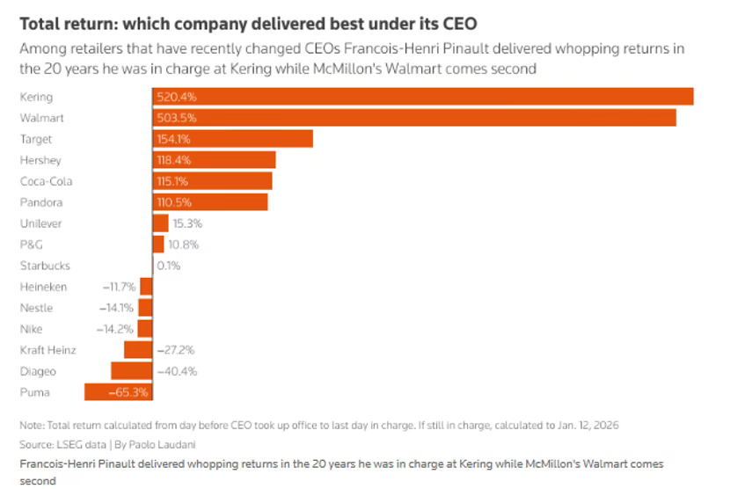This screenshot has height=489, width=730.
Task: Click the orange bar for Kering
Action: point(422,97)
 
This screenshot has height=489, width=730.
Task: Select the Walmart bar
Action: point(413,118)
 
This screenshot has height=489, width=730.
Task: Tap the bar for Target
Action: point(232,139)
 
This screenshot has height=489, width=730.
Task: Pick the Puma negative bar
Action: point(118,392)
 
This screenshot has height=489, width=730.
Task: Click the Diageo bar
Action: point(131,371)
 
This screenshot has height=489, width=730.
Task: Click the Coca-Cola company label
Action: point(46,181)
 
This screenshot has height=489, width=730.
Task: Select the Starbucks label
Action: point(45,266)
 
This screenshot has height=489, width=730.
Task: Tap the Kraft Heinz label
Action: point(47,350)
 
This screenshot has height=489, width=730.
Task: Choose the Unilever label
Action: point(40,223)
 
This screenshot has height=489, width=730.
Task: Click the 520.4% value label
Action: point(174,97)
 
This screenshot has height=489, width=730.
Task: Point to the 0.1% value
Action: point(168,266)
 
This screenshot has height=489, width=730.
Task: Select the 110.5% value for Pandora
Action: point(174,202)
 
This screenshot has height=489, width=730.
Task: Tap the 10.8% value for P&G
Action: point(183,244)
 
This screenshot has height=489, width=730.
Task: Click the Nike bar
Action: point(145,329)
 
